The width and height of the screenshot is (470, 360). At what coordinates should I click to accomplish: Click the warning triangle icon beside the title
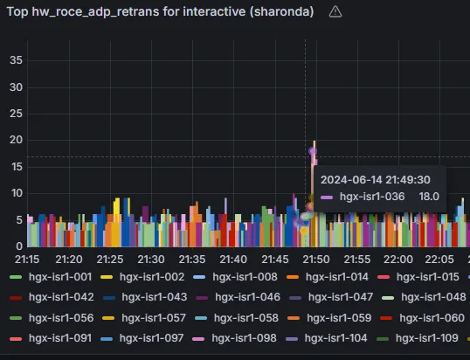(x=335, y=12)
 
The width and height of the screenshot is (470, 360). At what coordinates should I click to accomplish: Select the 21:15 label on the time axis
(x=27, y=260)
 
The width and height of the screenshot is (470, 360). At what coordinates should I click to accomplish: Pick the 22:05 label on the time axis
(x=439, y=260)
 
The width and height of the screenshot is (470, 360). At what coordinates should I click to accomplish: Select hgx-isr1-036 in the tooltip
(x=372, y=197)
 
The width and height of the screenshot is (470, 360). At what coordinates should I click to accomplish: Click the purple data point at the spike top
(x=313, y=151)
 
